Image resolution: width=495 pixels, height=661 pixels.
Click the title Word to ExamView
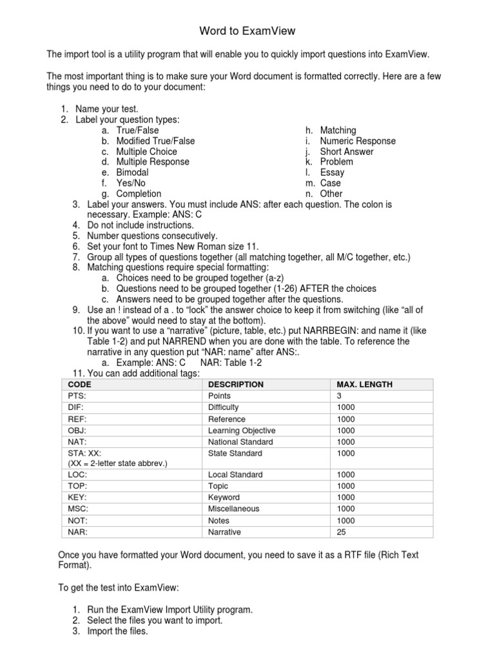[247, 30]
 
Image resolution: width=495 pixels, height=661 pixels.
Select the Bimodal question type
[132, 172]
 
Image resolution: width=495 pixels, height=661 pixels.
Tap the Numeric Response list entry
[358, 141]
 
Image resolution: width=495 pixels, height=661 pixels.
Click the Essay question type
[332, 172]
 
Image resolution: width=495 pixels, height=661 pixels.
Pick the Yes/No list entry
[131, 183]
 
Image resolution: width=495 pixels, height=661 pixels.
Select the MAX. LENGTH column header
[364, 385]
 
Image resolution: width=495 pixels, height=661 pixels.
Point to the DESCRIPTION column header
[236, 385]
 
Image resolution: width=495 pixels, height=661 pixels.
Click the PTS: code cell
[77, 396]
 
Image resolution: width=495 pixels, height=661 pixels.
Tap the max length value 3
[339, 396]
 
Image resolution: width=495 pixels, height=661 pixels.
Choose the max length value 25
[342, 532]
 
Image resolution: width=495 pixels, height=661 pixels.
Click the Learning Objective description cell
[242, 431]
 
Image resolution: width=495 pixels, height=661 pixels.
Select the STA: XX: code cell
[84, 453]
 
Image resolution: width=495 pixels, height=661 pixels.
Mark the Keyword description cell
[224, 498]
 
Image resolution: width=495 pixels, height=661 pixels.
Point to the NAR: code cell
[77, 532]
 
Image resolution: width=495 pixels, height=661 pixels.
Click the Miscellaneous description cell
[234, 509]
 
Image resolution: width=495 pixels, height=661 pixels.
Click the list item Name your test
[106, 109]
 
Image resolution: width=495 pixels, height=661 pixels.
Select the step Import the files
[118, 631]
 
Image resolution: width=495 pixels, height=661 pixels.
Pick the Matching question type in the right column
[338, 130]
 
